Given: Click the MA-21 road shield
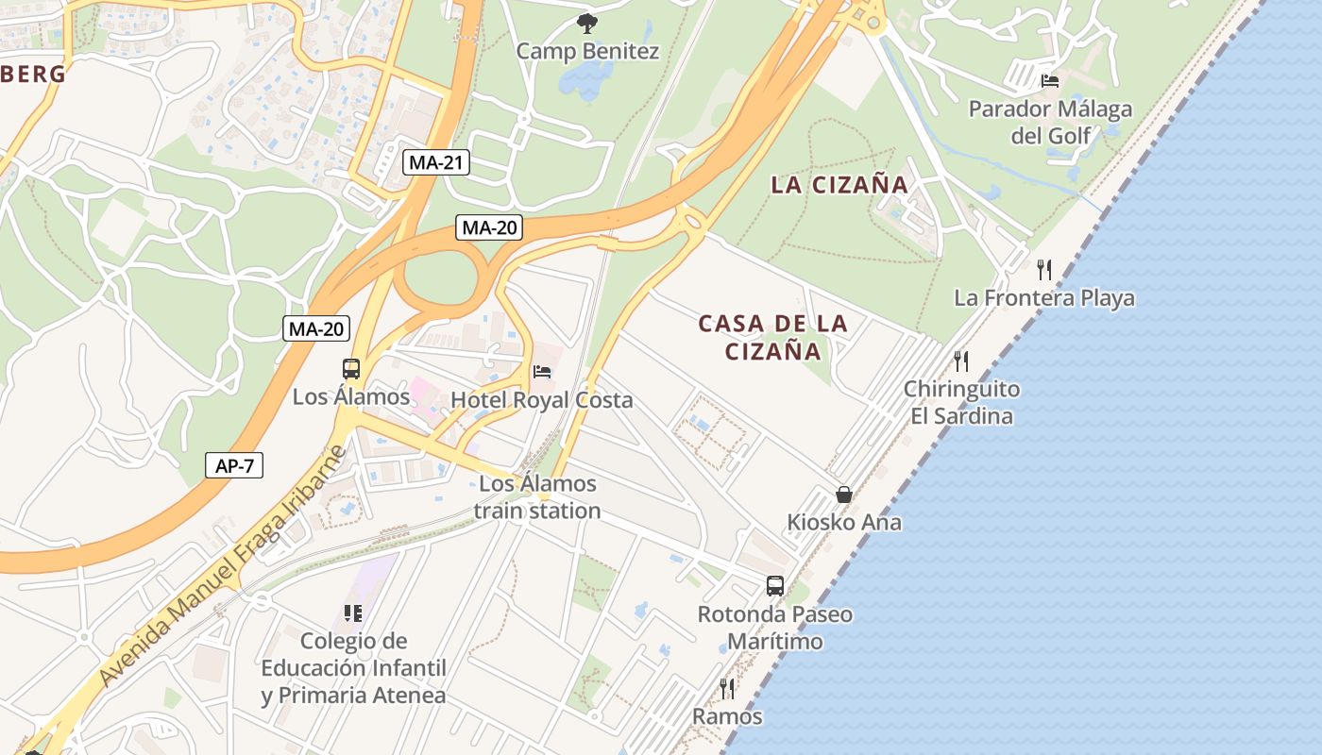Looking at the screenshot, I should tap(436, 162).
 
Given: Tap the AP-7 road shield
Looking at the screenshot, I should tap(234, 465).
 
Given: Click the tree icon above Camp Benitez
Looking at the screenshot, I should tap(586, 23).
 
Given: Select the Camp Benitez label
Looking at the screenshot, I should tap(587, 51).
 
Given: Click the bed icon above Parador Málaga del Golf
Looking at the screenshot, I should tap(1049, 81).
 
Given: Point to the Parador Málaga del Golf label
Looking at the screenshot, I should tap(1050, 123).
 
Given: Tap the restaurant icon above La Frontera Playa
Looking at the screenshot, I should tap(1043, 270).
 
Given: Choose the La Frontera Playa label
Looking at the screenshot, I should tap(1044, 298).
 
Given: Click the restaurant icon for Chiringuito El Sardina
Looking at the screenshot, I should tap(961, 361).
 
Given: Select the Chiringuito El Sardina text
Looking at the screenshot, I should tap(961, 403).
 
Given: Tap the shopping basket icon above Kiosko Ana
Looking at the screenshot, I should tap(844, 495).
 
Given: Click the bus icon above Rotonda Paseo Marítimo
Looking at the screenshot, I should tap(775, 586).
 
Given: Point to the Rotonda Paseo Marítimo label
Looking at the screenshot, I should tap(774, 628).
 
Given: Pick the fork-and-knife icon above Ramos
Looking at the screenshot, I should tap(727, 688).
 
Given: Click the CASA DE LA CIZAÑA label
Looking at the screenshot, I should tap(773, 338).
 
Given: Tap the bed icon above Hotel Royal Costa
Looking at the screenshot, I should tap(542, 372).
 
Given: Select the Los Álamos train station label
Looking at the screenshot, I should tap(537, 497).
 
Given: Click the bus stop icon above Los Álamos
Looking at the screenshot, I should tap(351, 369).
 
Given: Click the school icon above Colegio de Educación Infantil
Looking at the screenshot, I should tap(353, 613).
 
